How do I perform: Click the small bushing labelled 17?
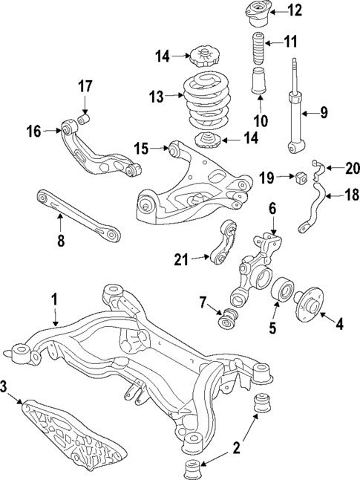tap(84, 118)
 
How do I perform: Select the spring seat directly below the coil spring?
tap(206, 141)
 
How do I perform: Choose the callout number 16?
tap(34, 132)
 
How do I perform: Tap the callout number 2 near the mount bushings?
tap(236, 447)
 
